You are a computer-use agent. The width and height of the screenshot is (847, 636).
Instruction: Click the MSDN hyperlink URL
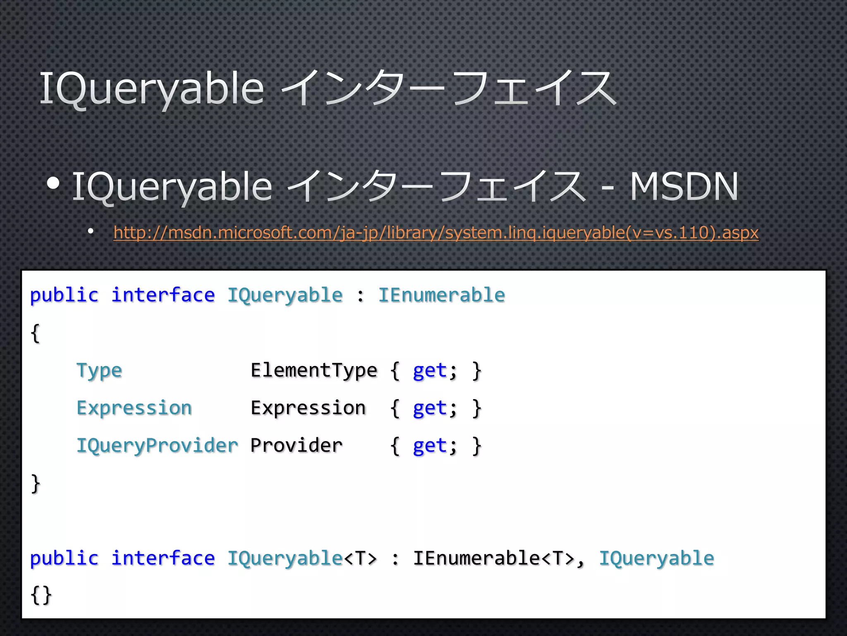436,233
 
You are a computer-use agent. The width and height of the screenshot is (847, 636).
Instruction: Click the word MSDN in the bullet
684,187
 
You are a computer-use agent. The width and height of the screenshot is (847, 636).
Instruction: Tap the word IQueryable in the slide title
151,88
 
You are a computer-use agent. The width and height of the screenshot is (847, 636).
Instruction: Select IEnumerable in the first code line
441,295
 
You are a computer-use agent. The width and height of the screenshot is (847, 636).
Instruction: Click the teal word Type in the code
99,371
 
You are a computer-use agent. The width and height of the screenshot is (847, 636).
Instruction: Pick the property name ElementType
314,370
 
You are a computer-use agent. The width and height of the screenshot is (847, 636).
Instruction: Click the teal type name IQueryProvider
157,446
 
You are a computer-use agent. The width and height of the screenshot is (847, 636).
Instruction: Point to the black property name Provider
297,446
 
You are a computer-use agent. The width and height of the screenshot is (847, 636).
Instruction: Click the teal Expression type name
134,408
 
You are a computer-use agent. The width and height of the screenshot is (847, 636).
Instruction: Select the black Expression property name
308,408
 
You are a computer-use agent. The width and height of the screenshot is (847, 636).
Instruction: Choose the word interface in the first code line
163,295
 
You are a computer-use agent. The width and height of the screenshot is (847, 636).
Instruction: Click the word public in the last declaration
64,558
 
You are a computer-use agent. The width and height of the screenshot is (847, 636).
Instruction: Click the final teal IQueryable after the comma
656,558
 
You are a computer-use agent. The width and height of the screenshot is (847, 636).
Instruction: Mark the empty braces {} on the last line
41,595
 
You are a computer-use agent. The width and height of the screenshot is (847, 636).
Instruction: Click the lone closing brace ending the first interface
36,483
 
